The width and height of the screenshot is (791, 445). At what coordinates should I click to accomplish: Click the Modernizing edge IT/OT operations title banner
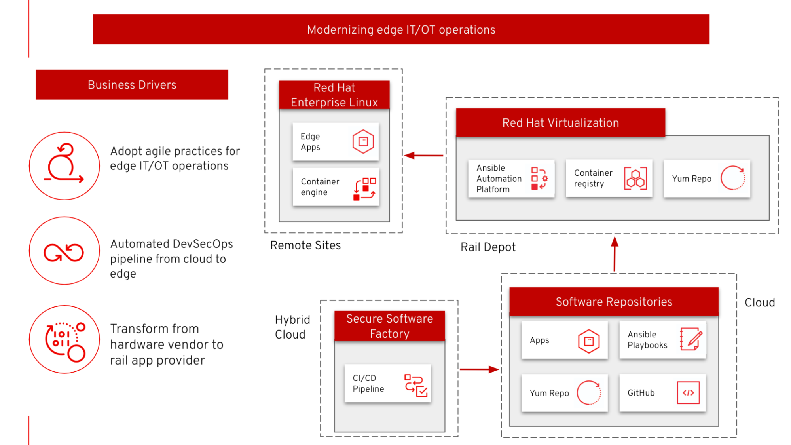pos(401,29)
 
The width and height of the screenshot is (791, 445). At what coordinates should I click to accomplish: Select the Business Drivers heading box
pos(132,85)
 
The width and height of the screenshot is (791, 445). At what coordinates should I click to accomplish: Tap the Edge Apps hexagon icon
pos(363,141)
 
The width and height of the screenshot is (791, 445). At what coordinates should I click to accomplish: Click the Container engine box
pos(336,187)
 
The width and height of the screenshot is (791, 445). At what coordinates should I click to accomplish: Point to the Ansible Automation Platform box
pos(511,179)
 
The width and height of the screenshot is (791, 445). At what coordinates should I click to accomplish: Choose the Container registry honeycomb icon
pos(635,179)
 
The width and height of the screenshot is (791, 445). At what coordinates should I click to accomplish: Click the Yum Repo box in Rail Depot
pos(707,179)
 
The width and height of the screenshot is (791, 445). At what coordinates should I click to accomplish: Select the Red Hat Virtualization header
pos(560,123)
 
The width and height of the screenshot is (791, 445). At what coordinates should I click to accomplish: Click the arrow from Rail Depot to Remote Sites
pos(424,155)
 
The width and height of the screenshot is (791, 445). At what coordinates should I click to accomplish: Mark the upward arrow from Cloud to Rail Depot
pos(614,254)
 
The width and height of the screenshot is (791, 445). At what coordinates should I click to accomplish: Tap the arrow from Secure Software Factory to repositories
pos(479,369)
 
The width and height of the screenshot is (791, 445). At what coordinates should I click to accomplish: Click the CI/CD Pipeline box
pos(387,383)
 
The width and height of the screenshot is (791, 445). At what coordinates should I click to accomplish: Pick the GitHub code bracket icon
pos(688,393)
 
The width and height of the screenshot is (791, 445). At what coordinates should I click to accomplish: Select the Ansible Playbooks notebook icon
pos(691,339)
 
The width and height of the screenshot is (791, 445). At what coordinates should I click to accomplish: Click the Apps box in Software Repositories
pos(564,340)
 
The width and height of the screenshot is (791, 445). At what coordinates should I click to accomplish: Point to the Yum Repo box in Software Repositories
pos(564,393)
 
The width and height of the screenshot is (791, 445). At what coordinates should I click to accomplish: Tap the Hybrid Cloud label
pos(292,327)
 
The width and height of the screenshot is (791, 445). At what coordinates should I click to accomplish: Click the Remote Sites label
pos(305,245)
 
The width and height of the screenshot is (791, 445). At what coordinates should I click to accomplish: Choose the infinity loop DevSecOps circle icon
pos(64,251)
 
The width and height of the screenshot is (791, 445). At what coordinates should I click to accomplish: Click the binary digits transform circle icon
pos(64,340)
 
